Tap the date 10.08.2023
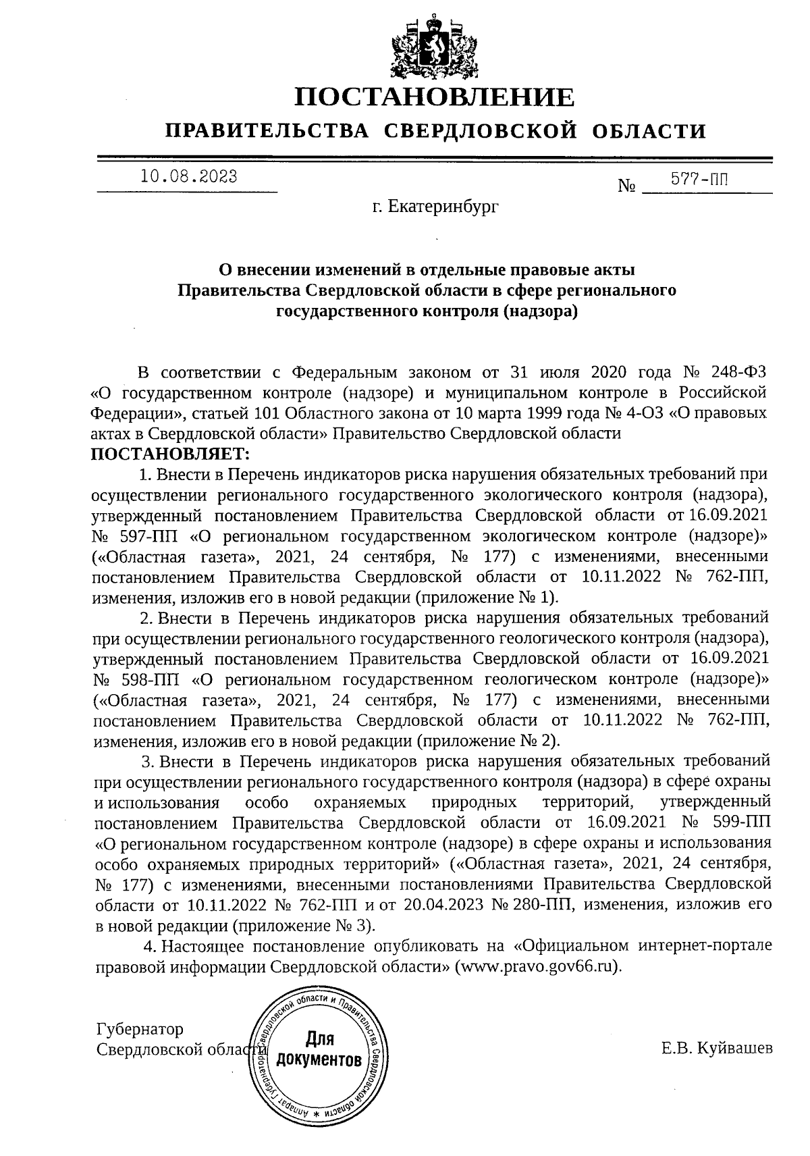tap(188, 178)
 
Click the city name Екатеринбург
tap(443, 208)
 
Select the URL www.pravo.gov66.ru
tap(538, 966)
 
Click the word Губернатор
tap(140, 1030)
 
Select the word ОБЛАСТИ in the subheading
tap(649, 130)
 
